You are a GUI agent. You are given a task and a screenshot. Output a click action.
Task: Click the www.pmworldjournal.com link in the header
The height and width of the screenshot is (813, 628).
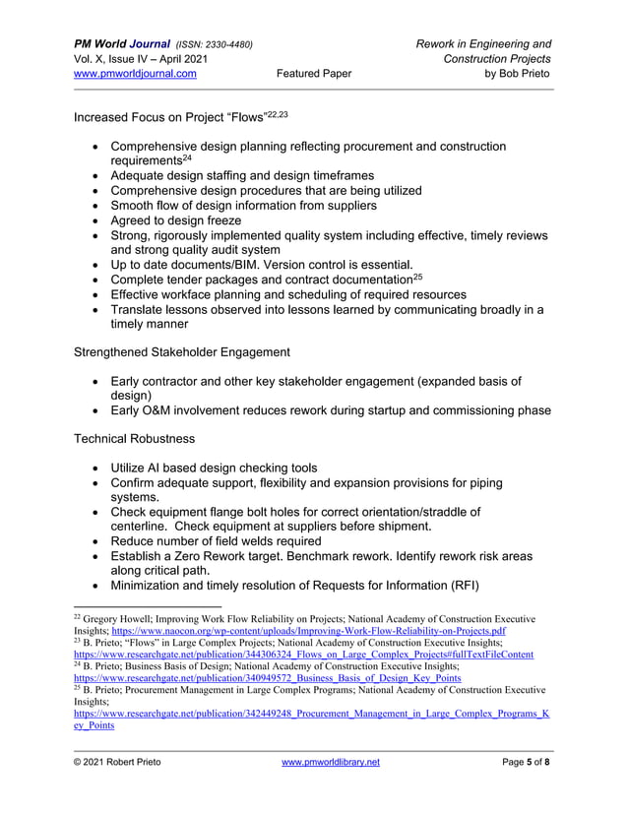(135, 73)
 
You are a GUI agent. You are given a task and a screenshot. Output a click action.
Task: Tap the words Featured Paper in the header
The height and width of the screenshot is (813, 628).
(314, 73)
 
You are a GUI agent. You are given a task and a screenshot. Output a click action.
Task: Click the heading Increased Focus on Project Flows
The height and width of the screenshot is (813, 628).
(167, 118)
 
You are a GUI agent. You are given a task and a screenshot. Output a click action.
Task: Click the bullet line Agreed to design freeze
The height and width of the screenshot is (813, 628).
(175, 220)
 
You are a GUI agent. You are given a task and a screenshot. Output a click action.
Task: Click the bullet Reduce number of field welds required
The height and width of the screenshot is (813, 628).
(216, 540)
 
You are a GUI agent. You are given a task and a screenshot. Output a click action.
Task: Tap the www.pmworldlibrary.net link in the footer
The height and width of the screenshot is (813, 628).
(330, 763)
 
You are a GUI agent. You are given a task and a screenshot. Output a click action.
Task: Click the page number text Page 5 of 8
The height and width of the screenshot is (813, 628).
(526, 763)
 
